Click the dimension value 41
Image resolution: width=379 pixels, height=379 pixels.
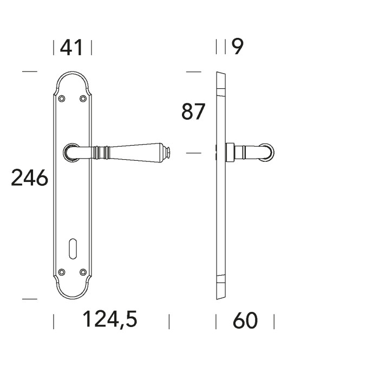click(72, 48)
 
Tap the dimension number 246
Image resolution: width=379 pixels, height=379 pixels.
click(30, 178)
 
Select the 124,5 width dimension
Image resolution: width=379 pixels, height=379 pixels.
click(110, 321)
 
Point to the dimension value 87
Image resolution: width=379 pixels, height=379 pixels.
click(193, 112)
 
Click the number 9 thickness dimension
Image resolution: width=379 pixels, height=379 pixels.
click(238, 47)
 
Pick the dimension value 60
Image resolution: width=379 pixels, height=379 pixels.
click(245, 321)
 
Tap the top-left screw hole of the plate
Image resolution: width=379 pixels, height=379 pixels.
click(62, 99)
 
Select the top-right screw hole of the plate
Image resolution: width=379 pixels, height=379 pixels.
click(83, 99)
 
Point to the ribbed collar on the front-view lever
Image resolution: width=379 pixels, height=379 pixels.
click(102, 152)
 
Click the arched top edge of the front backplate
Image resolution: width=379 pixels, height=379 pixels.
click(73, 73)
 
